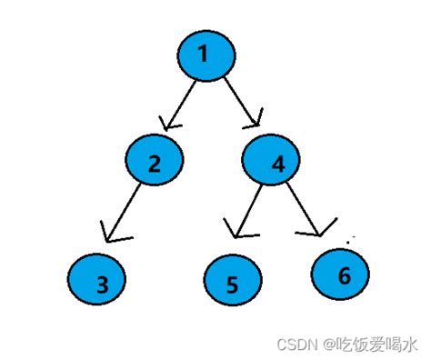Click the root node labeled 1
pos(206,55)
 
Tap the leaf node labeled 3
pos(102,283)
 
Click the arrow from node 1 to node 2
pos(181,102)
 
